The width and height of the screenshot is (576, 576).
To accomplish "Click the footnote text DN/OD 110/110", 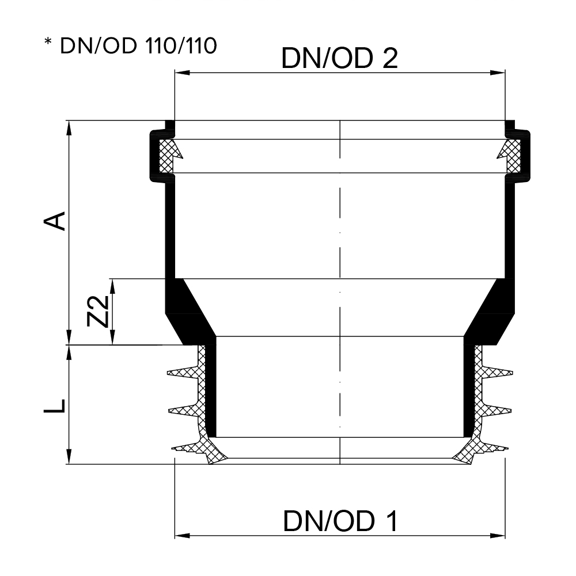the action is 138,46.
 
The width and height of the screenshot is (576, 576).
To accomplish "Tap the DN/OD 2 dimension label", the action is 339,58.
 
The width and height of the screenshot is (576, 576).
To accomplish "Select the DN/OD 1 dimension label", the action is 340,521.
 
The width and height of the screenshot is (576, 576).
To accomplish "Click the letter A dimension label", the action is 55,221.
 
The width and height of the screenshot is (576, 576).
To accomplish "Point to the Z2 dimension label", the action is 97,311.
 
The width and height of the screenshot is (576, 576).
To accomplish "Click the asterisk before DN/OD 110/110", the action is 48,42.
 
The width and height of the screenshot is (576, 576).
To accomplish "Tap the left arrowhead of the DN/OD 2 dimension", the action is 182,73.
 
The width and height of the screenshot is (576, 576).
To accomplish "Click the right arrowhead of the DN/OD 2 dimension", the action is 498,73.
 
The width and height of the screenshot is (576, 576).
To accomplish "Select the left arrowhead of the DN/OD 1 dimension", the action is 182,536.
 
